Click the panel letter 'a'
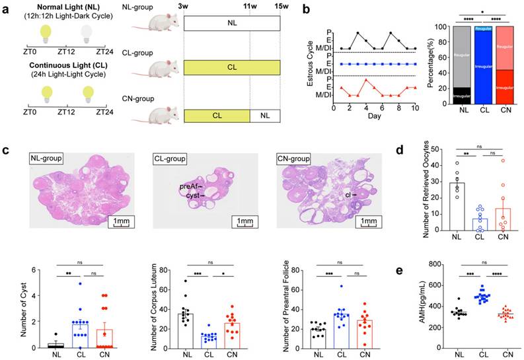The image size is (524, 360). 6,9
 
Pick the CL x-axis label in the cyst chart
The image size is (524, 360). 78,354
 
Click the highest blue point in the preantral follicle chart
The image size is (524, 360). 342,286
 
